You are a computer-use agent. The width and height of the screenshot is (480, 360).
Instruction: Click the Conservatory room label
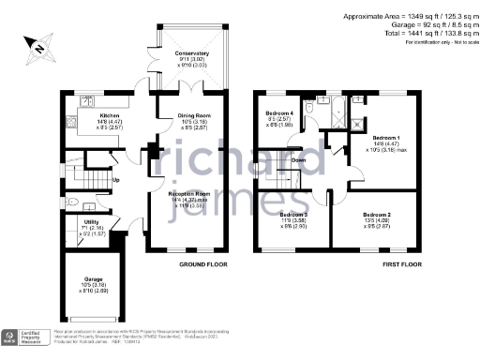coord(191,54)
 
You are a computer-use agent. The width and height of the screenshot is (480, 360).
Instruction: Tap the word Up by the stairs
coord(115,180)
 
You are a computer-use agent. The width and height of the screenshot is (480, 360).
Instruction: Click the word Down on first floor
coord(298,160)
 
